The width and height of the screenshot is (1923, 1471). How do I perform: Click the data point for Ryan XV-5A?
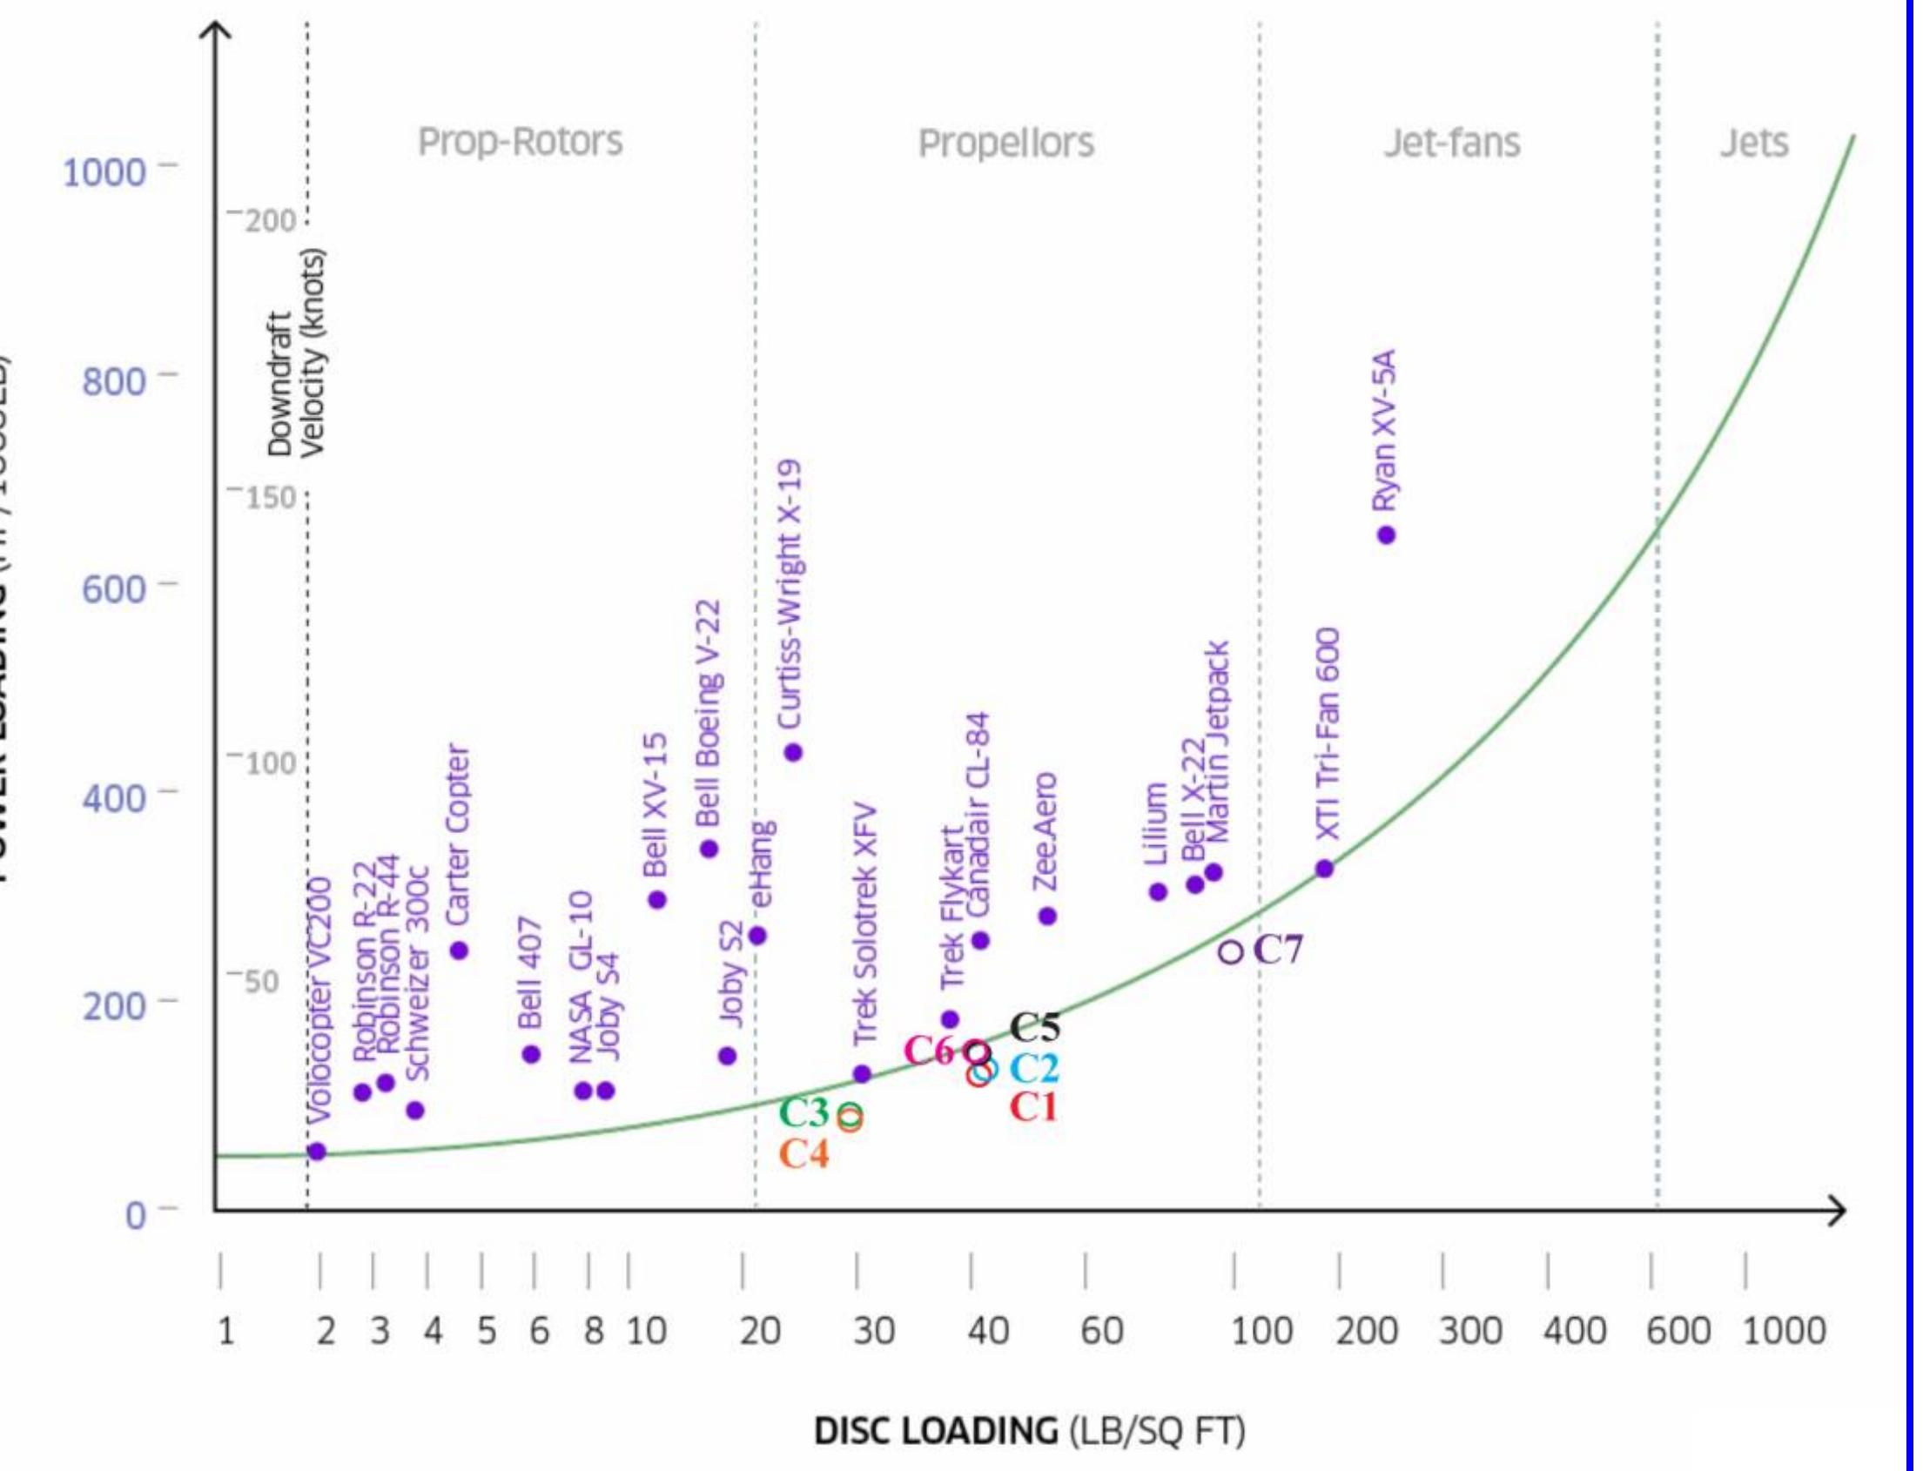1386,535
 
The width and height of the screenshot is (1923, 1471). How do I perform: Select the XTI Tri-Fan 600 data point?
1325,869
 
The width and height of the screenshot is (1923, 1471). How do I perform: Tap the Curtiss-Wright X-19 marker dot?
793,752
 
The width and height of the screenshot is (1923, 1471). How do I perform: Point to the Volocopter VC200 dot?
317,1152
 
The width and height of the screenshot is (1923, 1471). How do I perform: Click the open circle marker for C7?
1230,950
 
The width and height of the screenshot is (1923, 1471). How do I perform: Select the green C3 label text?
803,1113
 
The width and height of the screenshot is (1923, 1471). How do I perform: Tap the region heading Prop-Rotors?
521,142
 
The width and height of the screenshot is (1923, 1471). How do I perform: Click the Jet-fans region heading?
1452,143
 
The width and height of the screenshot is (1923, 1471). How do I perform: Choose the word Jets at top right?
1754,143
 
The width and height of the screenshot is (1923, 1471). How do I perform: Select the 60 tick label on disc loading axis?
1100,1332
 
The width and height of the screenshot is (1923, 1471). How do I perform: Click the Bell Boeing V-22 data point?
709,849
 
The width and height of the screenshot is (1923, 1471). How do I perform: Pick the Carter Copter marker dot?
459,950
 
